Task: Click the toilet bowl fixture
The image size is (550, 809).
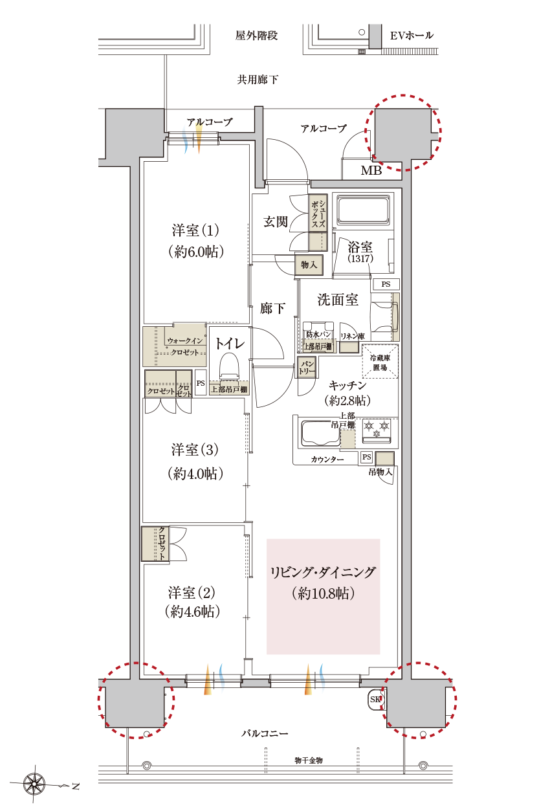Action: coord(229,366)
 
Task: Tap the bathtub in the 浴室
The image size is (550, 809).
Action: coord(363,210)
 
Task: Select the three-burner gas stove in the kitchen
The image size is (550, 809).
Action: coord(377,431)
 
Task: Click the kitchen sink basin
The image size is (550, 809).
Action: coord(320,433)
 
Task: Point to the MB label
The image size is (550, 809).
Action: coord(371,170)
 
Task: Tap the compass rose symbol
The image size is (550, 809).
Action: coord(34,783)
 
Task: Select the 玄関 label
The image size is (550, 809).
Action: coord(276,221)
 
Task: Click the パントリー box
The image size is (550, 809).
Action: coord(307,368)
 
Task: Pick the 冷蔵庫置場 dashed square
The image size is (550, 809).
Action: coord(380,362)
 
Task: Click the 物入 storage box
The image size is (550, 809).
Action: coord(309,265)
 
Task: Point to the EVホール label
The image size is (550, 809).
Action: coord(412,36)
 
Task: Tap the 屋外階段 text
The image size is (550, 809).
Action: coord(256,36)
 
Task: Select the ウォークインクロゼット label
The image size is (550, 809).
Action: coord(185,346)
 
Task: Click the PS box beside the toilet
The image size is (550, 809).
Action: coord(201,382)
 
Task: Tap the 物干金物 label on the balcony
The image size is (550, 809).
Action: coord(309,760)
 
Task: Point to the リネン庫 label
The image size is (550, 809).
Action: coord(353,337)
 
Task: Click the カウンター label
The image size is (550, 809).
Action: coord(327,460)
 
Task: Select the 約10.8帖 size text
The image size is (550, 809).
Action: coord(324,593)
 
